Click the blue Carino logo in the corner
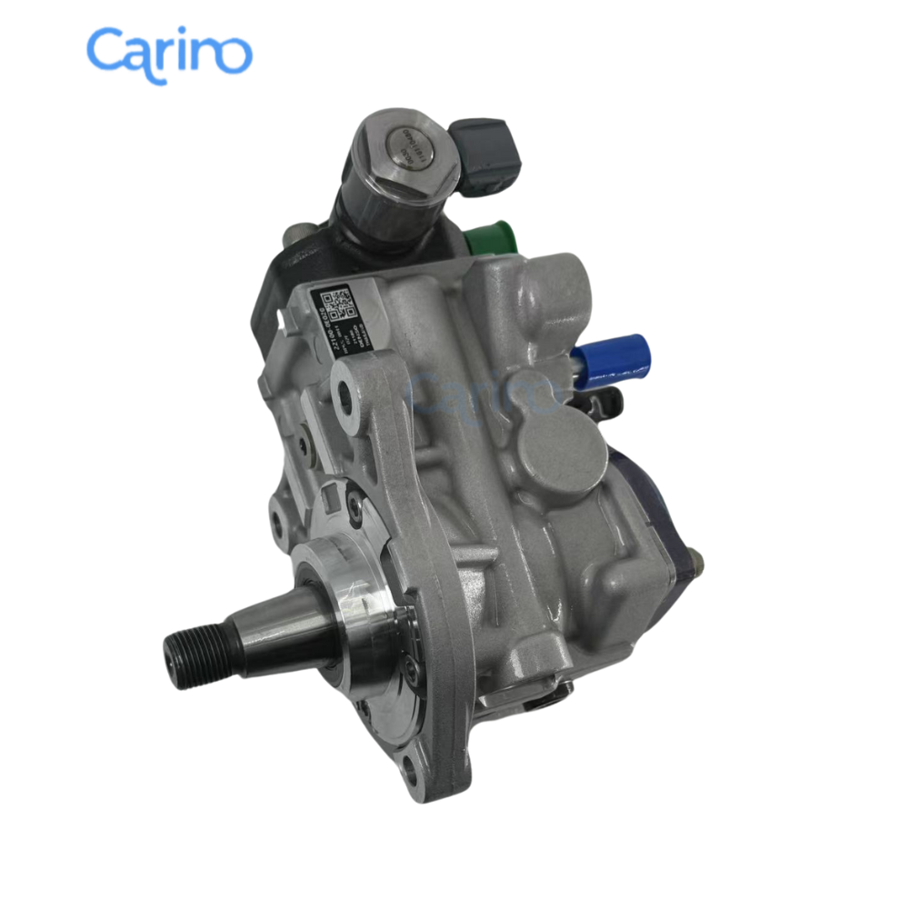[169, 53]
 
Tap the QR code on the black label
[336, 304]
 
